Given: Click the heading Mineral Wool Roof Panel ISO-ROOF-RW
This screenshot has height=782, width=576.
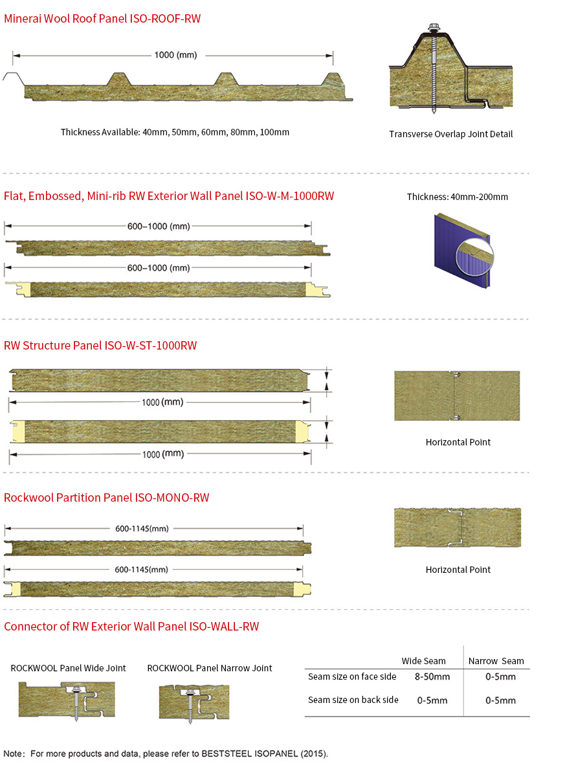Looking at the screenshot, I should (102, 19).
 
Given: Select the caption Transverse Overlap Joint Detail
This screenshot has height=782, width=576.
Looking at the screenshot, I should (450, 134).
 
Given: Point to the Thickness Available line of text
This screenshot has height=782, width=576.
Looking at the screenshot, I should (175, 132).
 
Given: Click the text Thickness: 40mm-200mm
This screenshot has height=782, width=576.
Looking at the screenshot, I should (457, 197).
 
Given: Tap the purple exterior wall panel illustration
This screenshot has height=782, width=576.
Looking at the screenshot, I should (460, 249).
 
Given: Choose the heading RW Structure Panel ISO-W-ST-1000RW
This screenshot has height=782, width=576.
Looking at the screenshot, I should (100, 346).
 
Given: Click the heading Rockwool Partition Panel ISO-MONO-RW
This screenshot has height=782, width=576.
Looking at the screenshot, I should (107, 498).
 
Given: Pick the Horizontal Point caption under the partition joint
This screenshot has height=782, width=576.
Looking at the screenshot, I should (458, 570).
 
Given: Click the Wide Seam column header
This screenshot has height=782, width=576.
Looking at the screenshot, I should (423, 661).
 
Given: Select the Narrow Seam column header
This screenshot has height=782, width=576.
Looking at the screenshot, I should (496, 661).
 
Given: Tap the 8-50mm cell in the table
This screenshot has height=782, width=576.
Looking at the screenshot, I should (432, 677).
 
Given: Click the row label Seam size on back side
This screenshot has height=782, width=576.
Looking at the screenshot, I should (353, 700).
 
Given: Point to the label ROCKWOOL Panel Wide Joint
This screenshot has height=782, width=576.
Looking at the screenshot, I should (68, 668).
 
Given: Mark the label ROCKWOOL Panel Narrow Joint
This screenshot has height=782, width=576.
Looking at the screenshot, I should (209, 668).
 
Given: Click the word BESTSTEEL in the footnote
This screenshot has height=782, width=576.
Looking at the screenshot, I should (225, 754).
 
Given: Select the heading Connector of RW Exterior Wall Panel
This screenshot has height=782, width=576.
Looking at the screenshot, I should (131, 627).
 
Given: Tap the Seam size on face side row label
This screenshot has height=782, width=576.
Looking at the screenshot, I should (352, 677).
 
